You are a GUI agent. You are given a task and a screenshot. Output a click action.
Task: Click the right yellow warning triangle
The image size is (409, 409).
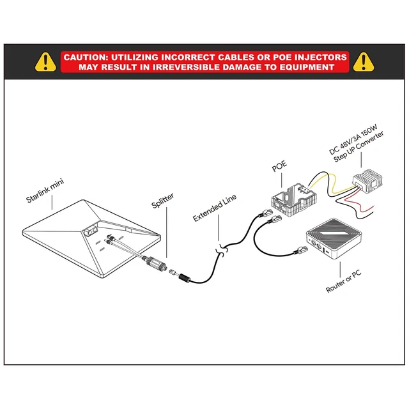pos(364,62)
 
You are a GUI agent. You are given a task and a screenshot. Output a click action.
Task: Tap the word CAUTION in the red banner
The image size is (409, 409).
pos(87,57)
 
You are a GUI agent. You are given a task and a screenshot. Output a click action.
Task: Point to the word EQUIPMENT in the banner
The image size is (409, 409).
pos(306,66)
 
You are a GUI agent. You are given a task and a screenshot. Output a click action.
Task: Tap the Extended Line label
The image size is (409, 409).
pos(215,210)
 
